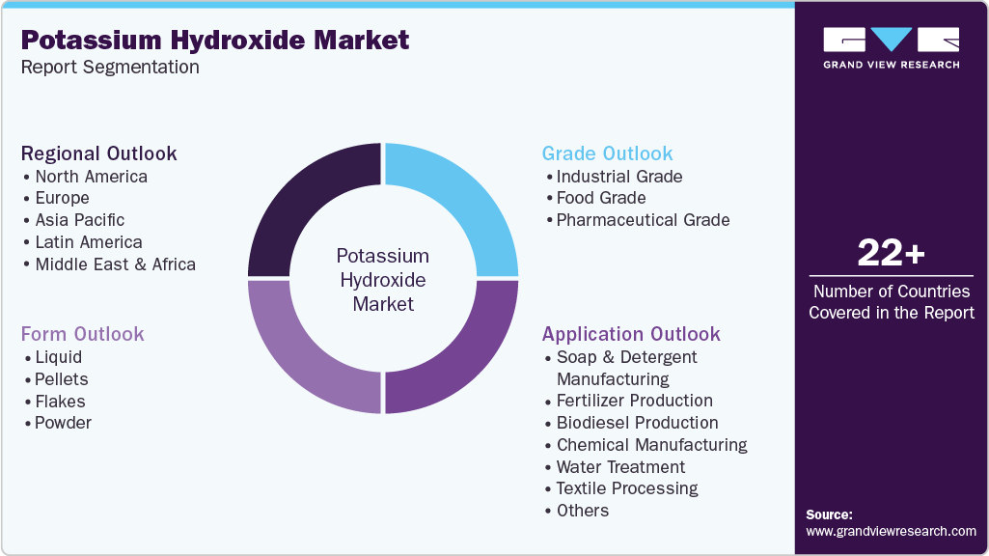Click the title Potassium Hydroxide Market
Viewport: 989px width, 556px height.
point(215,40)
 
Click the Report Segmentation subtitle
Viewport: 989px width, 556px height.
point(110,68)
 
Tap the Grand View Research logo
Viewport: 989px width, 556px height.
point(891,47)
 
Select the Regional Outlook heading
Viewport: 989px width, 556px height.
point(99,153)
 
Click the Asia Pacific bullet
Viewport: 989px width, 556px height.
point(79,220)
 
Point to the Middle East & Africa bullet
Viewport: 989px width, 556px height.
point(115,264)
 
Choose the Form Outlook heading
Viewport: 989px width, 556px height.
point(83,334)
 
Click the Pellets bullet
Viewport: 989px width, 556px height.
point(61,379)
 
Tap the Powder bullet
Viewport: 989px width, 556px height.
point(63,423)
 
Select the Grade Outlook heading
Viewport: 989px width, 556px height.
point(607,153)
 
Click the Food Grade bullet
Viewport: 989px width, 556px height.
point(601,198)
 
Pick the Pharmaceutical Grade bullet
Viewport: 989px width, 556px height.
point(643,220)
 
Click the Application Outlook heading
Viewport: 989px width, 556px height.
point(631,334)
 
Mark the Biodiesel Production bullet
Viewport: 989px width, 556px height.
point(637,423)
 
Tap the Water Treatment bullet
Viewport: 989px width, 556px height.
point(620,467)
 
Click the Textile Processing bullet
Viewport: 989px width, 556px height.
point(627,488)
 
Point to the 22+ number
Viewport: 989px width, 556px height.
point(891,254)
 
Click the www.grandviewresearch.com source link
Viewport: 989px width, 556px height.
point(891,531)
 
